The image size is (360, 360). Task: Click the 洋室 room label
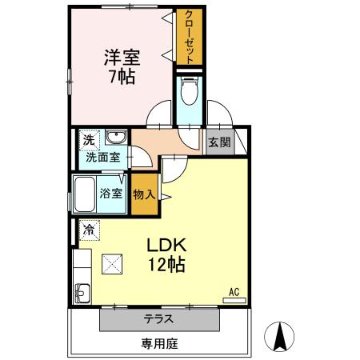(122, 58)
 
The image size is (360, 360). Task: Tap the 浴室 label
(111, 194)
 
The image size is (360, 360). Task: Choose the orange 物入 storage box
(144, 194)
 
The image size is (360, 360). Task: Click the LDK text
(166, 246)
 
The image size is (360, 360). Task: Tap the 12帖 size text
(166, 265)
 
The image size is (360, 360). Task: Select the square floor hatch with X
(112, 262)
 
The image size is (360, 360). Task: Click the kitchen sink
(82, 290)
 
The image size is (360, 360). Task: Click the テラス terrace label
(158, 319)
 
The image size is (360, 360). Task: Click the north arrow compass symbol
(281, 334)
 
